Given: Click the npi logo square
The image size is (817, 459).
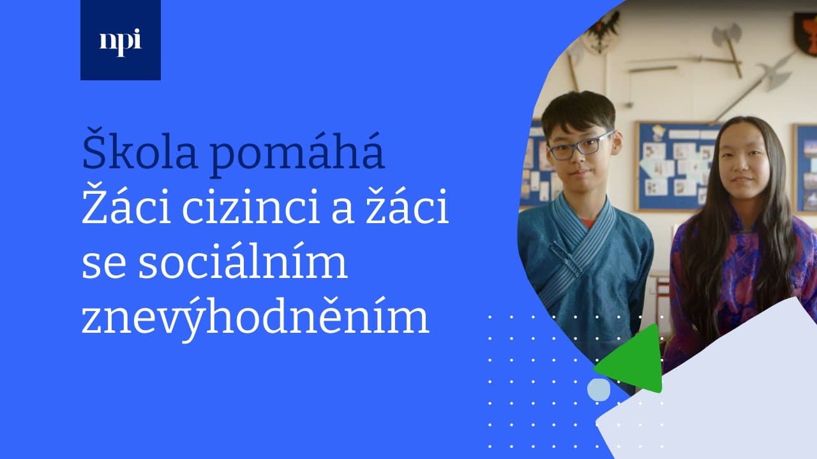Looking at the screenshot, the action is [x=121, y=40].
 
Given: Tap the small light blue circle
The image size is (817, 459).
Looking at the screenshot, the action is [x=599, y=390].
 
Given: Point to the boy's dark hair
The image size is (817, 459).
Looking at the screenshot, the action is [x=578, y=111].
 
